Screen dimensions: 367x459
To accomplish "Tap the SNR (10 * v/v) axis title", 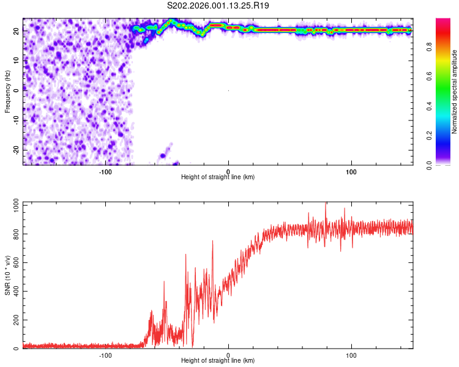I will point(7,275).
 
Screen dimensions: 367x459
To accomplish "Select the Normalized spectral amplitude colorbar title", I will point(455,92).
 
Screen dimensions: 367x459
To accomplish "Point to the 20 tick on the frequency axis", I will point(17,30).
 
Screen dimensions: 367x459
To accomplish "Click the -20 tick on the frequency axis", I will point(15,150).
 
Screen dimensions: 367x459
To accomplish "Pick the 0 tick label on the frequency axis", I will point(18,90).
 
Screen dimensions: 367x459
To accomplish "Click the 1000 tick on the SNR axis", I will point(12,207).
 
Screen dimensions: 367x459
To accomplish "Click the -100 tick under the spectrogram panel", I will point(105,171).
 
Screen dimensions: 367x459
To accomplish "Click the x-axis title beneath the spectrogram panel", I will point(218,177).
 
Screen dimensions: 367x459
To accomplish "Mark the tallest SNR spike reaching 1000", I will point(326,204).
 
